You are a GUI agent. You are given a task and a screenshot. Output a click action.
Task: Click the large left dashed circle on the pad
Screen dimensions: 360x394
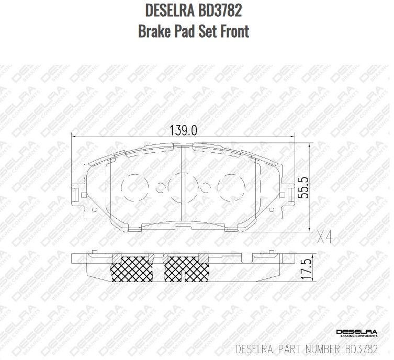tap(134, 186)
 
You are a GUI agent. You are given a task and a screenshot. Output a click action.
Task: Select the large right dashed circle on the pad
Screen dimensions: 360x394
tap(231, 186)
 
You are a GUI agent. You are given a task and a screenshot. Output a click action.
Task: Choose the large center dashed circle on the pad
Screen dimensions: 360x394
tap(183, 186)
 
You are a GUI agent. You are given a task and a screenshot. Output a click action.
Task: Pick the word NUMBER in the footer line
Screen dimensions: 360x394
tap(325, 348)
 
